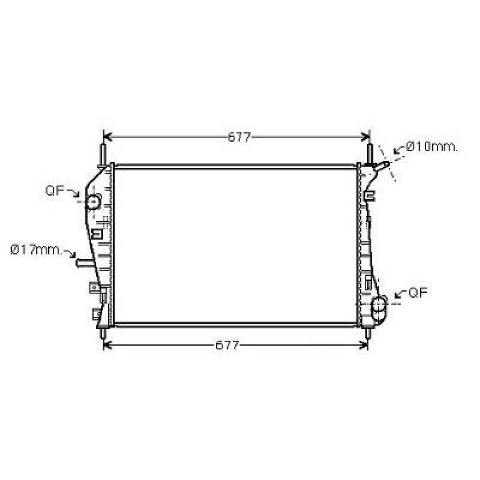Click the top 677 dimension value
point(239,137)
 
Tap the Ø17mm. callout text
point(36,250)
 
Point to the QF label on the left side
point(55,191)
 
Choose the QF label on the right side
point(418,293)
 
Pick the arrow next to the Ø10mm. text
point(398,149)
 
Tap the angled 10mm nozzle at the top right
point(383,166)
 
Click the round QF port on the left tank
point(92,202)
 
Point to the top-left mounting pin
point(103,155)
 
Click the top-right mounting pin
point(370,154)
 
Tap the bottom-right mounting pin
point(368,333)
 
